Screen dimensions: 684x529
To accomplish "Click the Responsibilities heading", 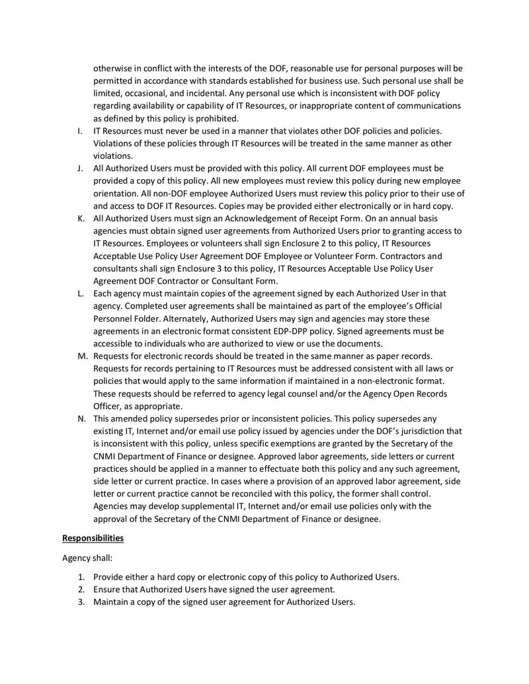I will pyautogui.click(x=93, y=538).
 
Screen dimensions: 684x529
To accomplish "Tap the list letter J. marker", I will pyautogui.click(x=80, y=169).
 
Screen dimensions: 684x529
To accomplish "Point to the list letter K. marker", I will pyautogui.click(x=80, y=218).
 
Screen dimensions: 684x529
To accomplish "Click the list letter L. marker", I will pyautogui.click(x=80, y=293).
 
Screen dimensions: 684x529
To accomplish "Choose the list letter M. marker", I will pyautogui.click(x=81, y=356).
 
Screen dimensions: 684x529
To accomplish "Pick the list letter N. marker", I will pyautogui.click(x=81, y=418).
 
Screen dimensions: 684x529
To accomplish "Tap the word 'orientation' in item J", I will pyautogui.click(x=116, y=194).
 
